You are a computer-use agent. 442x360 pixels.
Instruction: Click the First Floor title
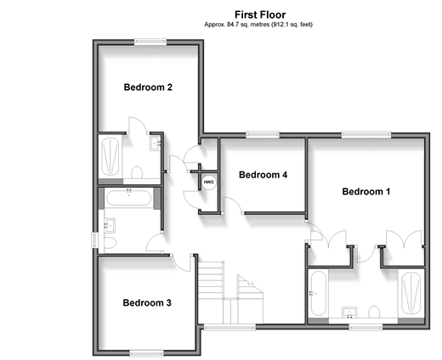(260, 14)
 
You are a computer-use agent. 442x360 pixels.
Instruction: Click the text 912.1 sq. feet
(292, 25)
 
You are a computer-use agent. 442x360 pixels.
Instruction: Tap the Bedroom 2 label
(148, 87)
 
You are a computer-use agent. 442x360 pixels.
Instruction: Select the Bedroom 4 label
(263, 175)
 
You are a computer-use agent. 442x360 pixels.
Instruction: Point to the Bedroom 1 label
(366, 192)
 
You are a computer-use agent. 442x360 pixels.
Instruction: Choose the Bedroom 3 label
(147, 303)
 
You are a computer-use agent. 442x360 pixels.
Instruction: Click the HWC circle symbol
(209, 182)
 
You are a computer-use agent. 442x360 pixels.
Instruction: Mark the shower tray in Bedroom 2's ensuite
(110, 156)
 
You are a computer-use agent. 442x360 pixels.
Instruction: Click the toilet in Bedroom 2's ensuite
(137, 172)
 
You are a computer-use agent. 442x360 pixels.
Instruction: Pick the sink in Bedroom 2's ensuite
(155, 143)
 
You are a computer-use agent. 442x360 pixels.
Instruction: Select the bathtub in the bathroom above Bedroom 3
(129, 198)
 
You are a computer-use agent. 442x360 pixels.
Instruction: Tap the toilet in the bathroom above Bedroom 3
(110, 243)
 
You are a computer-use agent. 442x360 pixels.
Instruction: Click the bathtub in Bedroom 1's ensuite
(319, 293)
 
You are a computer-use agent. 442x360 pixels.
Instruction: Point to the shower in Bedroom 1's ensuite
(411, 293)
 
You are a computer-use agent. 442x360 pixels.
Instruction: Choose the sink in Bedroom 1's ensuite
(349, 312)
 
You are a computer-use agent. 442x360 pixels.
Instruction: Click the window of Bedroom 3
(147, 353)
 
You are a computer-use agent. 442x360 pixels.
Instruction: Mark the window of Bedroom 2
(150, 42)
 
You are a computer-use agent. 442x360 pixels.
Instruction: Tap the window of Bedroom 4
(263, 135)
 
